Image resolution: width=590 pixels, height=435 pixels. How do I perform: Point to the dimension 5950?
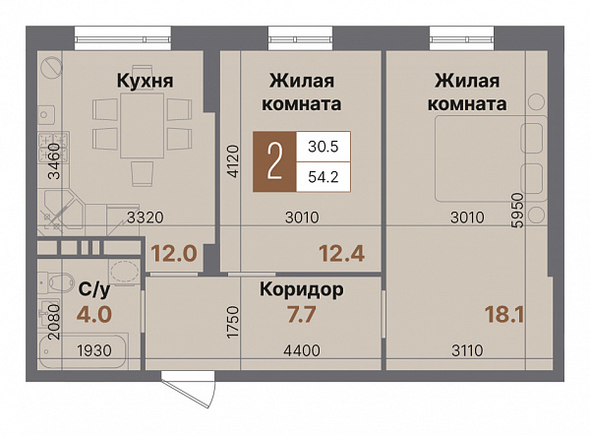tap(532, 210)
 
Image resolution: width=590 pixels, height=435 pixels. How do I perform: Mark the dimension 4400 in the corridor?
tap(301, 348)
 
